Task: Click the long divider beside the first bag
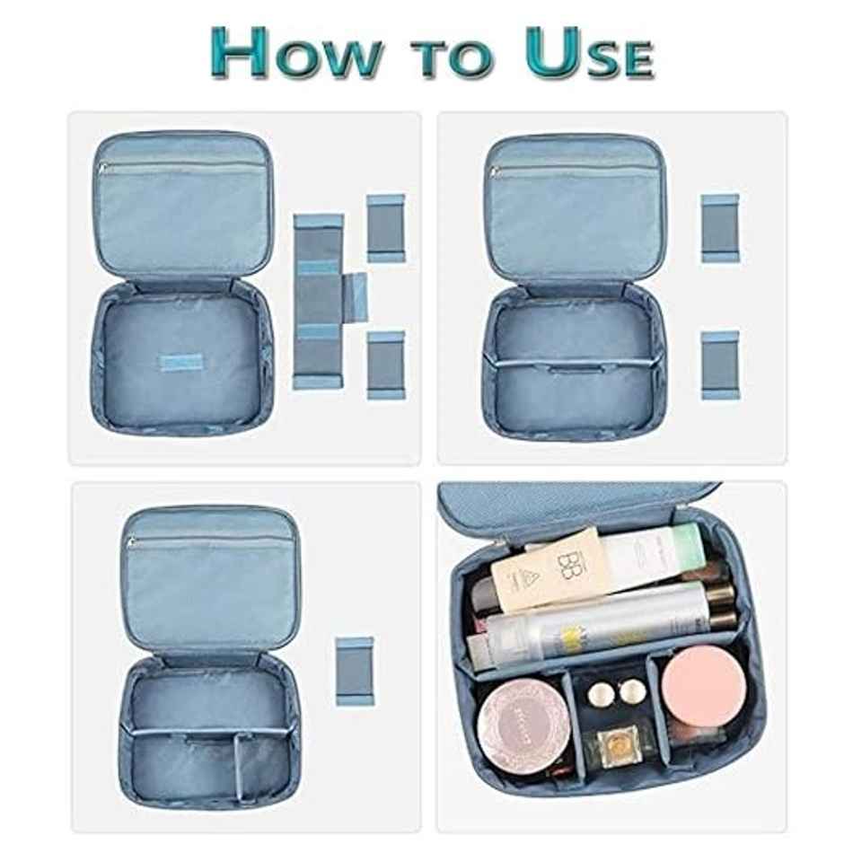point(318,301)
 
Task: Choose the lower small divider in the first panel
point(386,365)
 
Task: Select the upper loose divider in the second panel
point(720,227)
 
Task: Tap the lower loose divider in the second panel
point(720,363)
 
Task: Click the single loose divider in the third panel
point(355,670)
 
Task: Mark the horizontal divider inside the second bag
point(575,363)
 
